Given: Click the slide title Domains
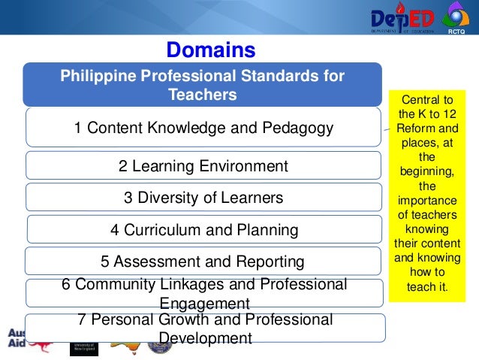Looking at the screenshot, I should [211, 50].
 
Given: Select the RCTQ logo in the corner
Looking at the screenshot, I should [455, 20].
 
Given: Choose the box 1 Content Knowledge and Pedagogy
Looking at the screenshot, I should [203, 129].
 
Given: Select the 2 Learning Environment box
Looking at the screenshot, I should [203, 166].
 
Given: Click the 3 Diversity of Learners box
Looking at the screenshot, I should [203, 198].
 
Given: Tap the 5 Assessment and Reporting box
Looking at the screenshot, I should [203, 262].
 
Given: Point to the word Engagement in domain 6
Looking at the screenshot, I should [204, 304].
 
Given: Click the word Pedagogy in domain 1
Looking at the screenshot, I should [296, 129].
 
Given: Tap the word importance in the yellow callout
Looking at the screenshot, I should [426, 201].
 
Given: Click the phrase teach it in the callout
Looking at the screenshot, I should [426, 286].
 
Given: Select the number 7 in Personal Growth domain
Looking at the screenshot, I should [82, 320].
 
